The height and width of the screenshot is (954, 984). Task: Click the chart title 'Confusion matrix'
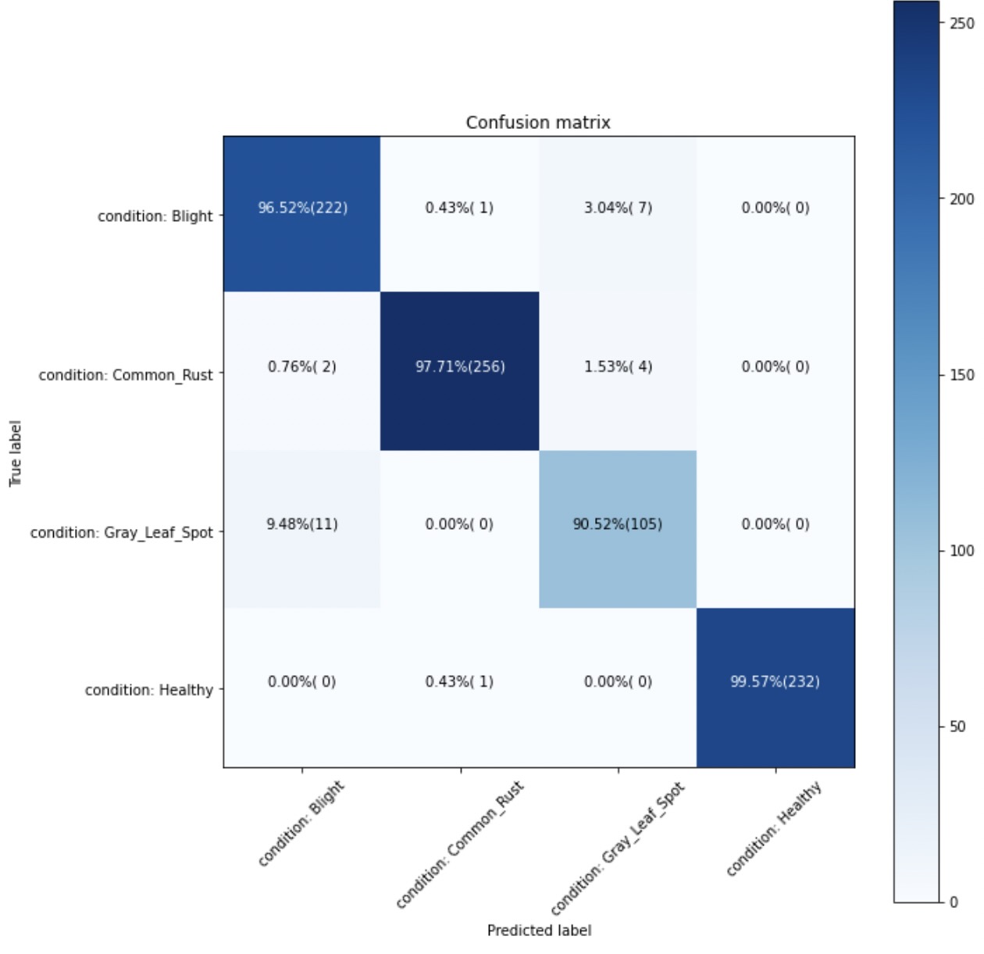click(x=538, y=123)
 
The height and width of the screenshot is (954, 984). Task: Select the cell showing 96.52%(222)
click(x=302, y=208)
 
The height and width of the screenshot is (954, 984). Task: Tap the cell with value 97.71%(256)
click(x=460, y=366)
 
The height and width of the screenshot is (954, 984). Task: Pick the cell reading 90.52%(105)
click(x=617, y=524)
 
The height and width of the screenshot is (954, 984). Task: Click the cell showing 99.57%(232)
click(x=775, y=682)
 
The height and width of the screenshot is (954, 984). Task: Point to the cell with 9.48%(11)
click(x=302, y=524)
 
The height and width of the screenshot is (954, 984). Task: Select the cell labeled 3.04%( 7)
click(x=617, y=208)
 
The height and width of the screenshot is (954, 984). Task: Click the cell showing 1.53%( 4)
click(x=617, y=366)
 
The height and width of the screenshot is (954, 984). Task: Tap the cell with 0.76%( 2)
click(x=302, y=366)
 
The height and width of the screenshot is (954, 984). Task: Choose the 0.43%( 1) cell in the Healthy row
click(x=459, y=682)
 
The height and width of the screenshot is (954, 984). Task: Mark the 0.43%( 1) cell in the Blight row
click(x=459, y=208)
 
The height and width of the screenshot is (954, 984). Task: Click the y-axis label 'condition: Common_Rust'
click(x=125, y=375)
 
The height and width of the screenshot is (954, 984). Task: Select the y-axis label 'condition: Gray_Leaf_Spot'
click(x=121, y=533)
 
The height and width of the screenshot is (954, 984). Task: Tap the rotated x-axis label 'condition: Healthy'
click(x=773, y=829)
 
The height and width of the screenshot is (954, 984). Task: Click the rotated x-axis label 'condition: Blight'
click(x=301, y=824)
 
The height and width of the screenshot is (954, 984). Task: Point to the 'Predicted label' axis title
click(x=539, y=931)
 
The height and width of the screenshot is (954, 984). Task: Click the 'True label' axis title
click(x=16, y=453)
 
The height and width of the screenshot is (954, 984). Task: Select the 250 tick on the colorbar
click(x=962, y=23)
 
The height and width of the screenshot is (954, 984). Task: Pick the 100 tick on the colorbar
click(x=962, y=551)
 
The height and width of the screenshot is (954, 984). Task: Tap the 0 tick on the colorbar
click(x=954, y=902)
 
